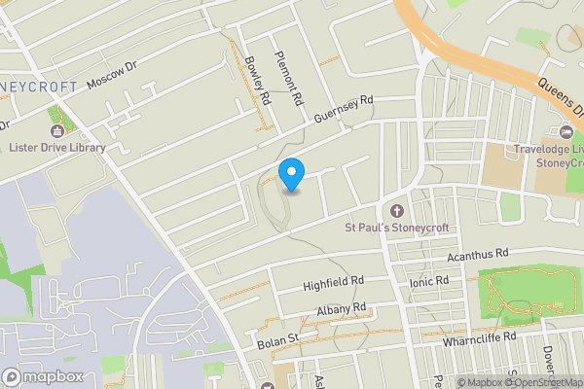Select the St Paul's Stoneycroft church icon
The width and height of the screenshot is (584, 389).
(396, 211)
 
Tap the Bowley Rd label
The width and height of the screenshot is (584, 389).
(257, 80)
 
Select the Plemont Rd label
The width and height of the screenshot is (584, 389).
(288, 77)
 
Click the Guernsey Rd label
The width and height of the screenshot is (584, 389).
(344, 108)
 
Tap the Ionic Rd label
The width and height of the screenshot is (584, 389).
(429, 282)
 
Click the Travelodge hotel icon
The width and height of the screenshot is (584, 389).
(566, 132)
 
